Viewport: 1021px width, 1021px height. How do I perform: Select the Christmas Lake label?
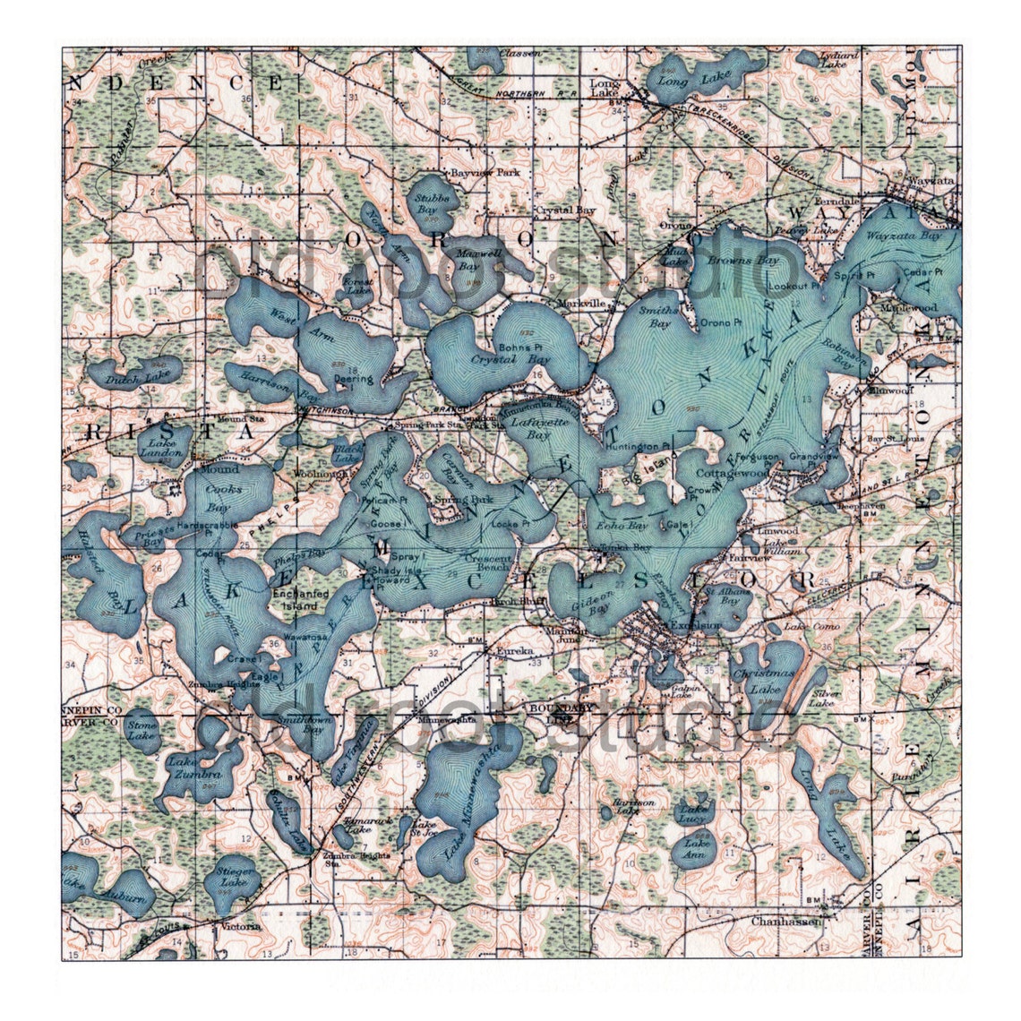[x=762, y=680]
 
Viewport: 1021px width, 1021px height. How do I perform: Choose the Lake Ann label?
[x=694, y=848]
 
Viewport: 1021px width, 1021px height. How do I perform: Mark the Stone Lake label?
[x=142, y=730]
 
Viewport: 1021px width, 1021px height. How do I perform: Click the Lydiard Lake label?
[x=839, y=59]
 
